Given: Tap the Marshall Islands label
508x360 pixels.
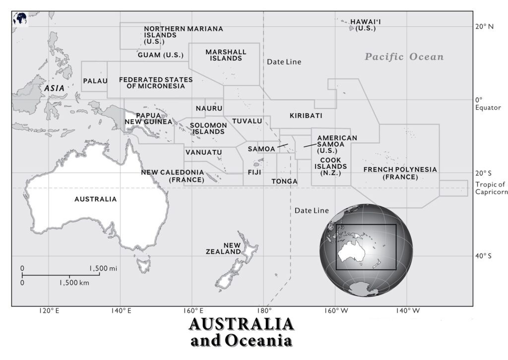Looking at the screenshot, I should tap(226, 55).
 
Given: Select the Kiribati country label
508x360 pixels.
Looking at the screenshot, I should tap(306, 116).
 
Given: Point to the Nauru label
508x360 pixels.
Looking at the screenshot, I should tap(209, 109).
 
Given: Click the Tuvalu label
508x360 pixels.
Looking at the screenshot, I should tap(247, 121).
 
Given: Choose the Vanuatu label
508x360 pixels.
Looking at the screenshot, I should tap(203, 152).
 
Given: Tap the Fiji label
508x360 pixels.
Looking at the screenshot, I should tap(254, 173).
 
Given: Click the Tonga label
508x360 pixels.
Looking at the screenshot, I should tap(284, 181).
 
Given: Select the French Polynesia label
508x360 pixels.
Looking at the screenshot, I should tap(400, 173).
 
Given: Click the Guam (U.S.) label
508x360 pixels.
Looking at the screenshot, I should tap(161, 55).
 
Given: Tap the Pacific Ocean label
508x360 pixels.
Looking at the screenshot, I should tap(404, 57).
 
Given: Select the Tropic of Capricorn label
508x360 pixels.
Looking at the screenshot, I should tap(491, 188).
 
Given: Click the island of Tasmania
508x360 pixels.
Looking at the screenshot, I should tap(144, 263).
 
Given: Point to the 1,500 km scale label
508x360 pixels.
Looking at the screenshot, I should tap(74, 283).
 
